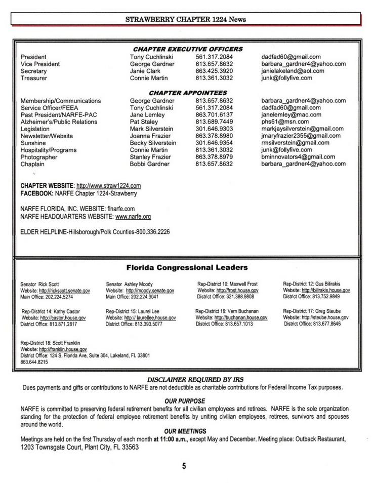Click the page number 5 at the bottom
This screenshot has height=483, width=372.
(x=184, y=466)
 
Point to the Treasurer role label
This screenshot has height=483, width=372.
(x=34, y=78)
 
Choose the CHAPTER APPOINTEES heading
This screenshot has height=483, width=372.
(x=188, y=93)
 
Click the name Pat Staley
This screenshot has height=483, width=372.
(x=144, y=122)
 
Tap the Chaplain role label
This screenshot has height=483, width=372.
(x=33, y=165)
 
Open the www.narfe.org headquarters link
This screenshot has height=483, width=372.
(x=133, y=216)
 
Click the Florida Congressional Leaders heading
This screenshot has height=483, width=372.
(x=186, y=267)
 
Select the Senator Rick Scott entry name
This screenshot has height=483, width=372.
(x=40, y=285)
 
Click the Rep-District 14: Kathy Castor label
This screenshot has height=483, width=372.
(x=51, y=311)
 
